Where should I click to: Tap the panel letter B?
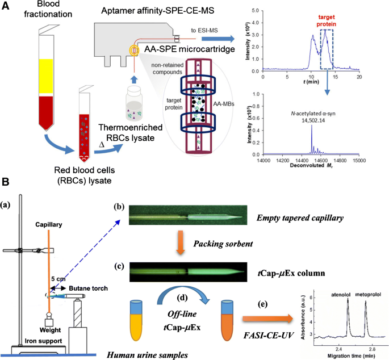click(x=6, y=182)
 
